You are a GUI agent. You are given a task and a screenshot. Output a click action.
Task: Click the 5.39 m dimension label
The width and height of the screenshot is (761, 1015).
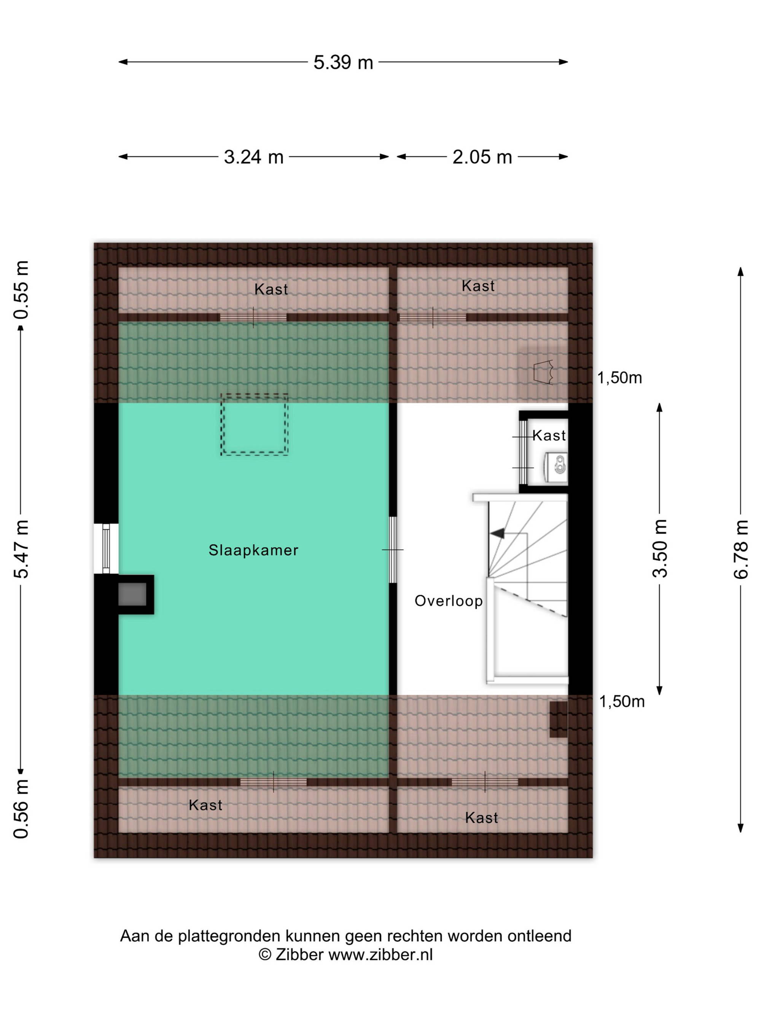(x=343, y=62)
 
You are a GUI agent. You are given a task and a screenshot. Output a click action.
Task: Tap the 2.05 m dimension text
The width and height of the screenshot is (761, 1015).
(x=482, y=157)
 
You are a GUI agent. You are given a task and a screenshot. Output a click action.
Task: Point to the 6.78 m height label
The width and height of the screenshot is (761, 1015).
(x=740, y=549)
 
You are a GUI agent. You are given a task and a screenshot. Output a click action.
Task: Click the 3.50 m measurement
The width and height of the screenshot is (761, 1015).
(x=660, y=548)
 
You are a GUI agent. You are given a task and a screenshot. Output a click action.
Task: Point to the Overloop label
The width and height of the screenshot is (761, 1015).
(x=449, y=601)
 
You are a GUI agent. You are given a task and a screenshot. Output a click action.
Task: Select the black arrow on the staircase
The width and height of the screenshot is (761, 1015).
(x=497, y=533)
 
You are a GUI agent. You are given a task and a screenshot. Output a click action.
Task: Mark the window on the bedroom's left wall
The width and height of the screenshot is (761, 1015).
(x=106, y=548)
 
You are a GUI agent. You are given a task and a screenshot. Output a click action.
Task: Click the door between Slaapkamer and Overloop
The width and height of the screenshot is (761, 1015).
(x=393, y=550)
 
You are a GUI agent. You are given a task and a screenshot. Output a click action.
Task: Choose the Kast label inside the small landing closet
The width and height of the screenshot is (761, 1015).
(x=549, y=435)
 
